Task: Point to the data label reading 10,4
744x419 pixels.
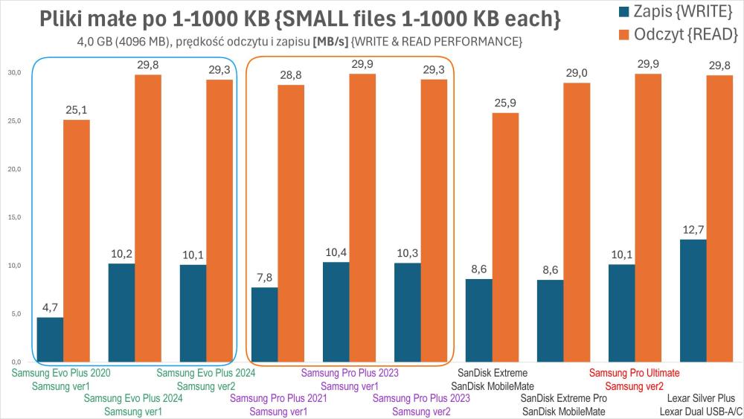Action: [336, 254]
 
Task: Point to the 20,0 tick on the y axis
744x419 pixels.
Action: [14, 170]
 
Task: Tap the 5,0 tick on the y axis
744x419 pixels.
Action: [14, 314]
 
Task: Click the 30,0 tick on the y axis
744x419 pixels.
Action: [14, 73]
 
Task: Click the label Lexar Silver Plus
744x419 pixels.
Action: [697, 398]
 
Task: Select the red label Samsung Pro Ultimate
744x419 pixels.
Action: [635, 373]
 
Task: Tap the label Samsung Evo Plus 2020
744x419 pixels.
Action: [61, 373]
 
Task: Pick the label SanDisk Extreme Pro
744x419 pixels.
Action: [563, 398]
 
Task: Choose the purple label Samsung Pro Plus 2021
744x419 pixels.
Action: [279, 398]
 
